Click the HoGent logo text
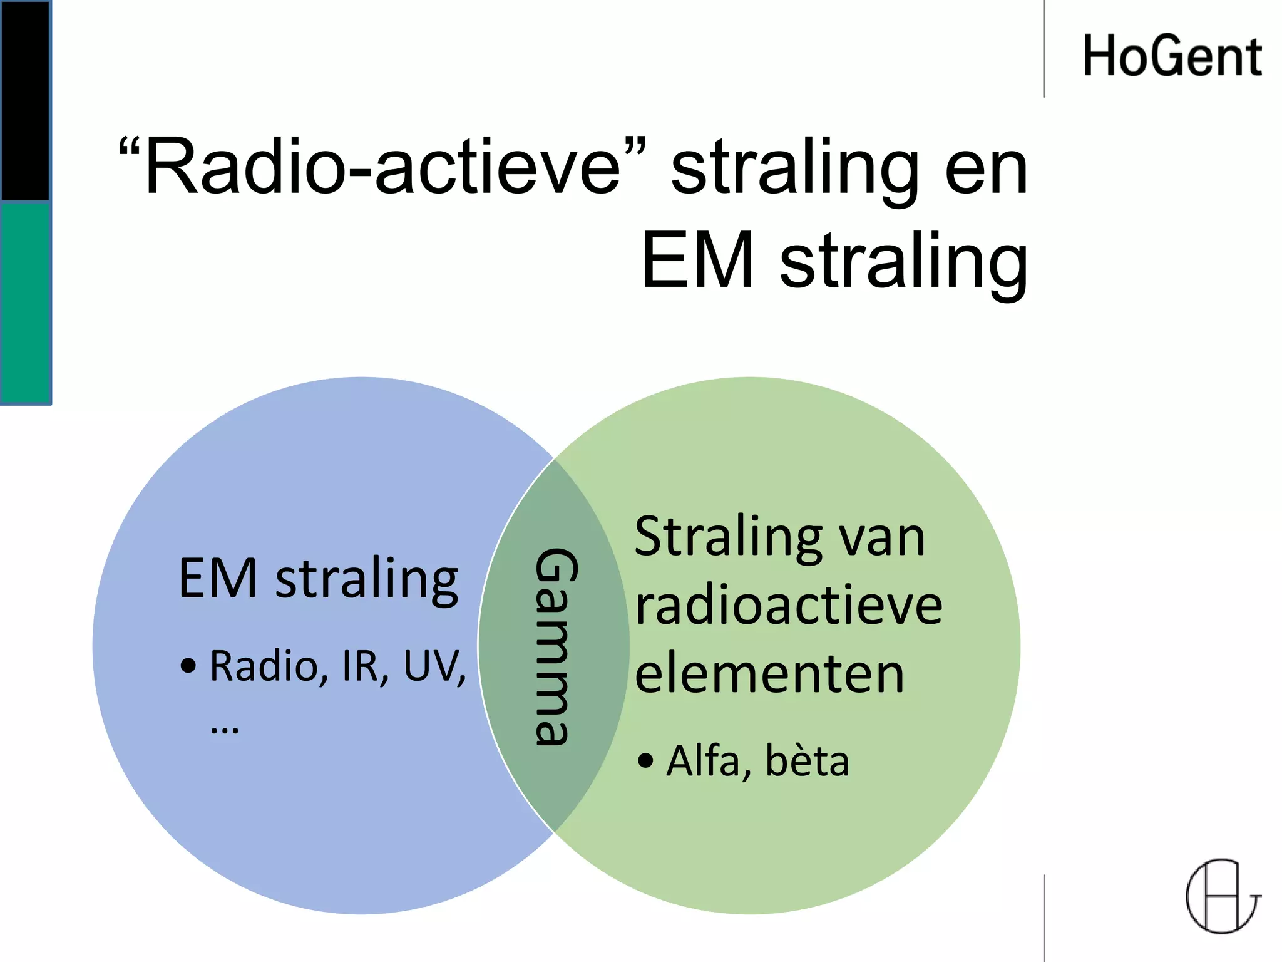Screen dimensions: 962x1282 coord(1172,56)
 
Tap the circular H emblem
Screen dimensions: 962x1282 coord(1223,896)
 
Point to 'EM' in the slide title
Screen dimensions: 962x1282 coord(697,261)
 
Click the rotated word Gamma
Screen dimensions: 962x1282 coord(555,646)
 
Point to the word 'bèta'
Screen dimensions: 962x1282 coord(807,761)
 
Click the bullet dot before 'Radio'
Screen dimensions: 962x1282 coord(188,666)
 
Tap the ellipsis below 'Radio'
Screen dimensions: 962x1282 coord(225,730)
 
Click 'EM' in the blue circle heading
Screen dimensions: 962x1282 coord(217,579)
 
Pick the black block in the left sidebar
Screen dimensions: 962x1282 coord(25,100)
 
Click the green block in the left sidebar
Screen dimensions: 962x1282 coord(25,303)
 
